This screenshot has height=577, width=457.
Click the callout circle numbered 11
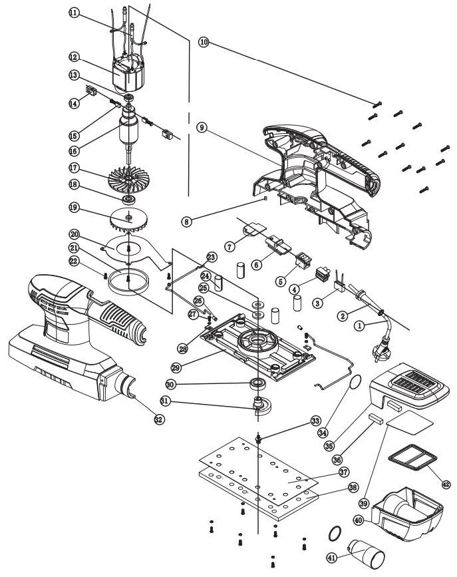coord(72,13)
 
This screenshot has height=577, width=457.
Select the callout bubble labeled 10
coord(204,42)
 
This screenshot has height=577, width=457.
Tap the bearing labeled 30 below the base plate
coord(255,383)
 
